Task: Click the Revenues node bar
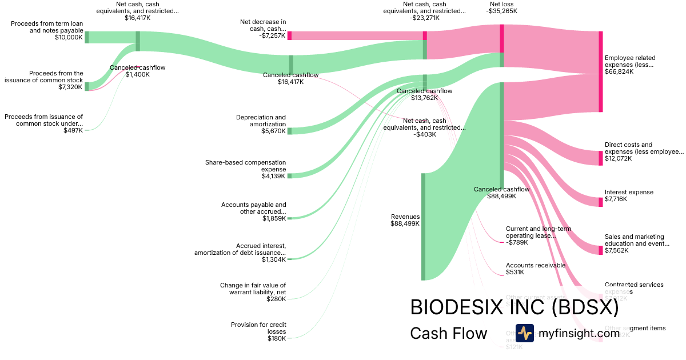[424, 227]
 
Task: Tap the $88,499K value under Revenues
[405, 224]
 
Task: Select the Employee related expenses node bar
[601, 71]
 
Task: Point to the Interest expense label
[629, 192]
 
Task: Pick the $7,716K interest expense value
[616, 199]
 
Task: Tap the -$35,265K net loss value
[502, 11]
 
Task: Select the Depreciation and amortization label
[261, 121]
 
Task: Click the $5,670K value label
[274, 131]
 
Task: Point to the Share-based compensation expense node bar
[289, 175]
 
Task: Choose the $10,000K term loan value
[70, 38]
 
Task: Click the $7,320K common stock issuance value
[70, 87]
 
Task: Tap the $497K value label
[73, 130]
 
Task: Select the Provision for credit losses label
[258, 328]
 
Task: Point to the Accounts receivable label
[535, 265]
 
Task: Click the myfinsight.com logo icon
[524, 333]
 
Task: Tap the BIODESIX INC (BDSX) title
[514, 307]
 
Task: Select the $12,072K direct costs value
[618, 158]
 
